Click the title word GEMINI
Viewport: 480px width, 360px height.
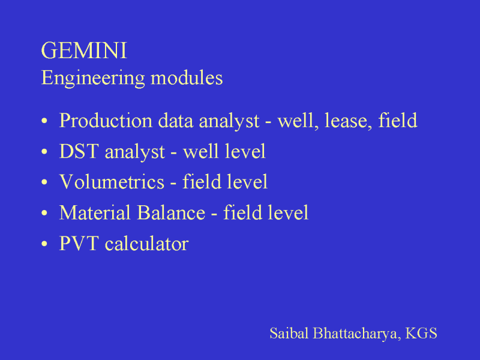pyautogui.click(x=84, y=50)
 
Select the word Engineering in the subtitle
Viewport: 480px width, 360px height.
pyautogui.click(x=93, y=79)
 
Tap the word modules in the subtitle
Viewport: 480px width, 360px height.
pyautogui.click(x=187, y=78)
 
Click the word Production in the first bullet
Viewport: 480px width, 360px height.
pyautogui.click(x=106, y=121)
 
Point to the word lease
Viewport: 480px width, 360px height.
pyautogui.click(x=349, y=121)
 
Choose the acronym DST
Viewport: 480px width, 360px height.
pyautogui.click(x=79, y=151)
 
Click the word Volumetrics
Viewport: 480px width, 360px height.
pyautogui.click(x=112, y=182)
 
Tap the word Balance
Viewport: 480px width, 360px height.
pyautogui.click(x=171, y=212)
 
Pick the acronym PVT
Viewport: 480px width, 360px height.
pyautogui.click(x=79, y=244)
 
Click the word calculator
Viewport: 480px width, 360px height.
pyautogui.click(x=146, y=244)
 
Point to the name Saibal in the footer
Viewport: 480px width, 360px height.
pyautogui.click(x=289, y=333)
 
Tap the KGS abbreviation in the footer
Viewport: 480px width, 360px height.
pyautogui.click(x=421, y=333)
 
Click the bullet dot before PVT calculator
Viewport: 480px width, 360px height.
pyautogui.click(x=44, y=244)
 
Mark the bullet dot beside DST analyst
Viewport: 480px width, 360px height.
pyautogui.click(x=44, y=152)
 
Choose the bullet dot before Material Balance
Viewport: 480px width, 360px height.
pyautogui.click(x=44, y=213)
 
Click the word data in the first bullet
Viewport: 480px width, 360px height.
pyautogui.click(x=176, y=121)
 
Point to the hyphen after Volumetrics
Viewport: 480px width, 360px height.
pyautogui.click(x=173, y=184)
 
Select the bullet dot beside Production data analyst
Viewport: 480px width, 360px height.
pyautogui.click(x=44, y=121)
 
